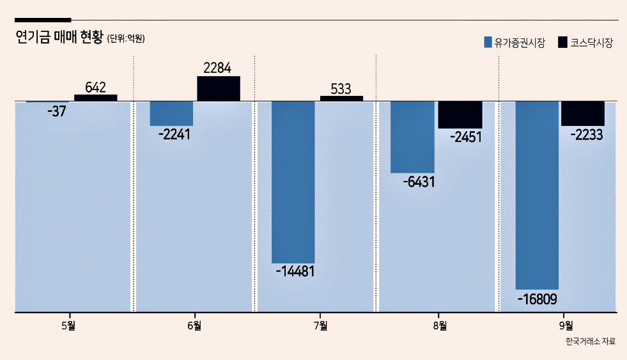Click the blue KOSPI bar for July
tap(293, 182)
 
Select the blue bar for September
tap(537, 195)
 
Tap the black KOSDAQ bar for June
tap(219, 88)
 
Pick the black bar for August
tap(460, 115)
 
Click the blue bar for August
tap(412, 137)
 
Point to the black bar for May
tap(96, 98)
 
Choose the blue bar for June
tap(171, 114)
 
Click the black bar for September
tap(583, 114)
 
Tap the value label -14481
tap(295, 272)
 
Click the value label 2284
tap(217, 68)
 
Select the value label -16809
tap(537, 299)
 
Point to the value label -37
tap(56, 111)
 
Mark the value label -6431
tap(419, 182)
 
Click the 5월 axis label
tap(68, 325)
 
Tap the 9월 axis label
tap(566, 325)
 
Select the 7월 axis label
tap(321, 325)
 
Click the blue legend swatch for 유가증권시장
tap(488, 42)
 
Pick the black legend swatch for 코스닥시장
tap(562, 42)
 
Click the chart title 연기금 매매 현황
tap(59, 37)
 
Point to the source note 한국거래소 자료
tap(590, 341)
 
